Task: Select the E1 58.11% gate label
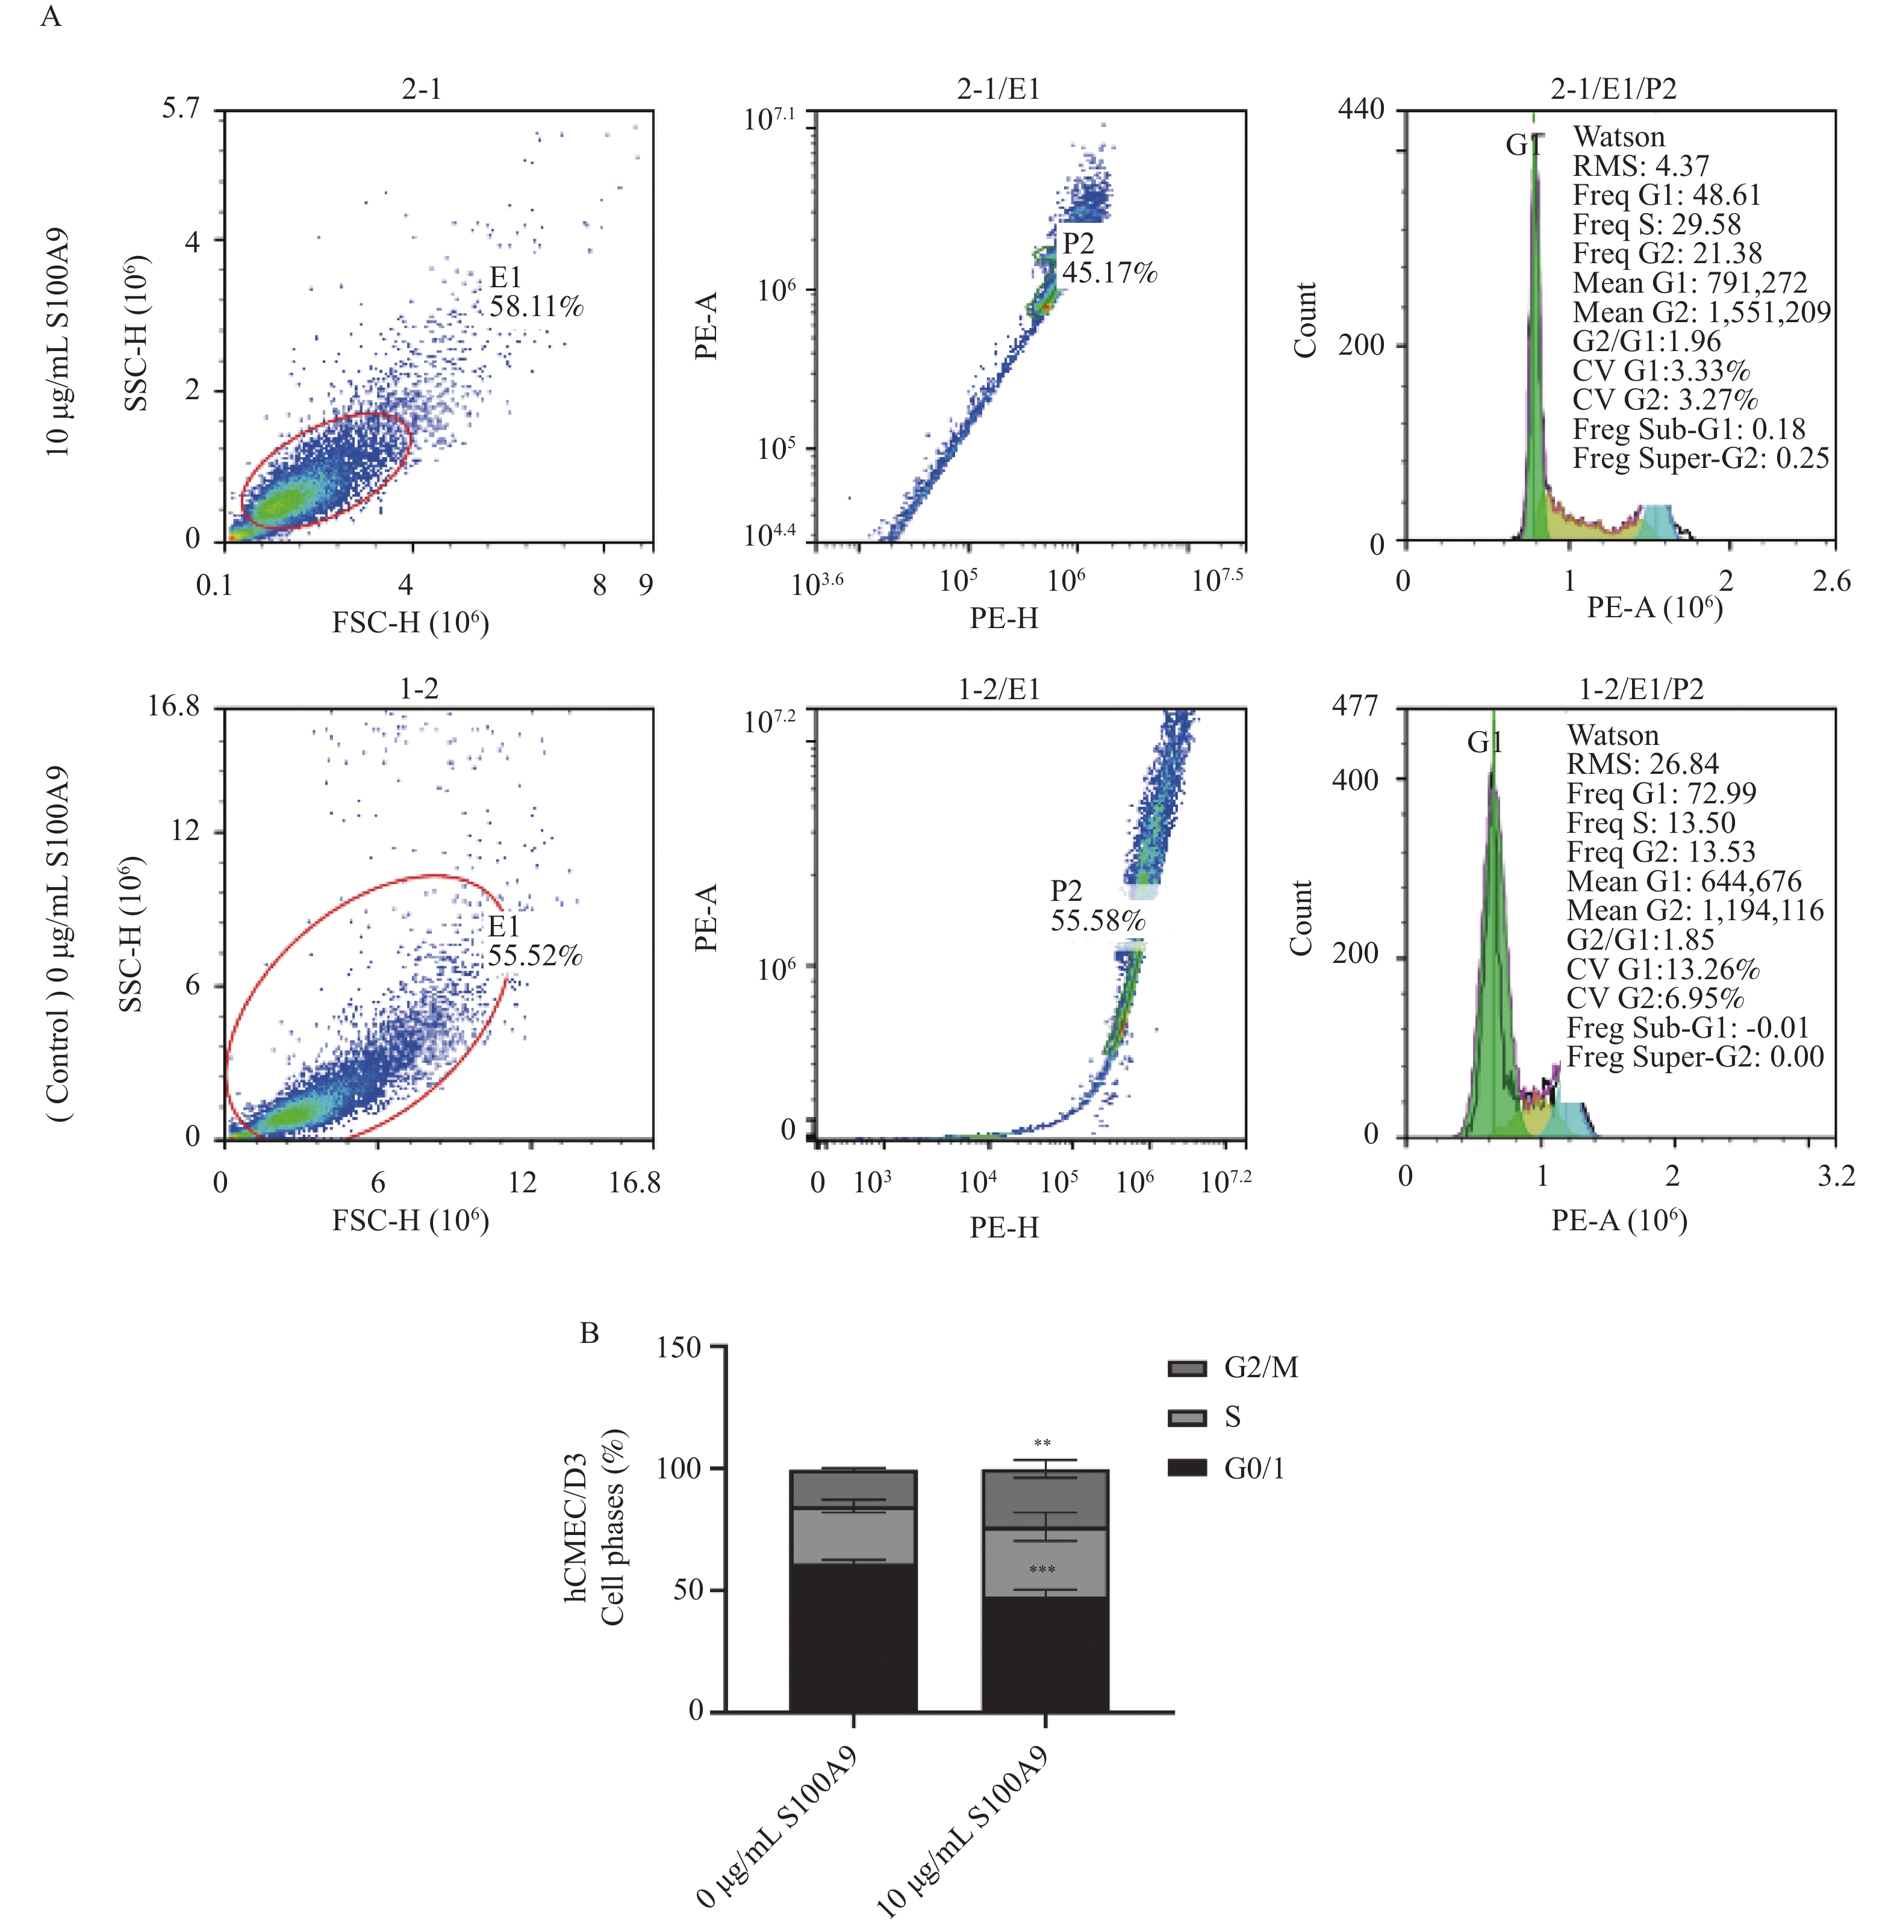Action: pyautogui.click(x=535, y=292)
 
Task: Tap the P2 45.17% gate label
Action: pyautogui.click(x=1108, y=258)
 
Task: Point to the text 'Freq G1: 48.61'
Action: pyautogui.click(x=1666, y=195)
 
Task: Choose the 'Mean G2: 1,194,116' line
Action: pyautogui.click(x=1695, y=911)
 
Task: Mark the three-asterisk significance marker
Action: pyautogui.click(x=1042, y=1571)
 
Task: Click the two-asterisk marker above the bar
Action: pyautogui.click(x=1042, y=1444)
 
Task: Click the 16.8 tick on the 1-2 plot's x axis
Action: pyautogui.click(x=634, y=1183)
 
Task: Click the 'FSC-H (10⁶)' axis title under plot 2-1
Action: pyautogui.click(x=410, y=623)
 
